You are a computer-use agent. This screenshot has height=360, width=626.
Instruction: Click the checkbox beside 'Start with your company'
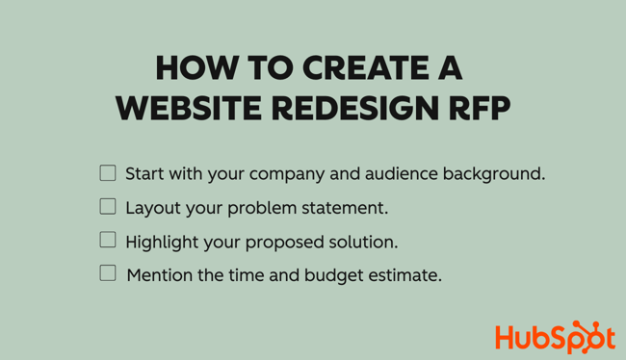[108, 173]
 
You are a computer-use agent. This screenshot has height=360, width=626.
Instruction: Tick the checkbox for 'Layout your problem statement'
[108, 206]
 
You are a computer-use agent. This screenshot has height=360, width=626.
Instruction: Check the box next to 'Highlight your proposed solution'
[108, 240]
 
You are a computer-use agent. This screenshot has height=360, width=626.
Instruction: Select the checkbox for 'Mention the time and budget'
[108, 273]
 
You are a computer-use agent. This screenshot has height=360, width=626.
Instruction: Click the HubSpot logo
[554, 337]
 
